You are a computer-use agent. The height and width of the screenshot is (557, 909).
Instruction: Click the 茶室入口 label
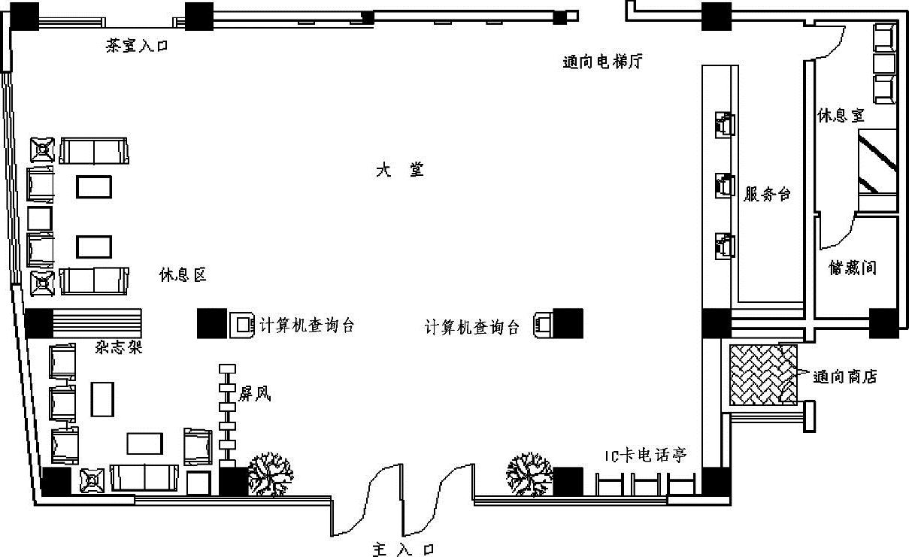[x=137, y=46]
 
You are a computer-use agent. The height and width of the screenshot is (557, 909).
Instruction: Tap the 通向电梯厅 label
[x=602, y=62]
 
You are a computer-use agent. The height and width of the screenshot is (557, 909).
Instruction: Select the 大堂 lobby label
[x=400, y=170]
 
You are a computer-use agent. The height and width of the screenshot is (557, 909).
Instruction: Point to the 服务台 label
[x=767, y=195]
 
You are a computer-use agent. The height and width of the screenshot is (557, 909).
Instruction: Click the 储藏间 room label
[x=852, y=268]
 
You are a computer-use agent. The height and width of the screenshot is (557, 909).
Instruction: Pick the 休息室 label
[x=841, y=116]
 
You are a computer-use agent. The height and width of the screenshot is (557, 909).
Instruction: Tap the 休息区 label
[x=183, y=275]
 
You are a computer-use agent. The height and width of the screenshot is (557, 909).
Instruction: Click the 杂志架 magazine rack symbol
[x=97, y=323]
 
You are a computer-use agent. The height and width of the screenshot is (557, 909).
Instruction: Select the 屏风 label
[x=254, y=393]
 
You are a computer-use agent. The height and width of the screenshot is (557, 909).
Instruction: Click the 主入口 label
[x=403, y=549]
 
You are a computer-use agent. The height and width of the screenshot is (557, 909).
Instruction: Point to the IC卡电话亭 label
[x=646, y=455]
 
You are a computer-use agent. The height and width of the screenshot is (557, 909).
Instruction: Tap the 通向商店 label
[x=845, y=377]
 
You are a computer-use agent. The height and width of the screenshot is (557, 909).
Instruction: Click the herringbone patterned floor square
[x=762, y=374]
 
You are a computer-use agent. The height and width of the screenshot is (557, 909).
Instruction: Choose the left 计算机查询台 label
[x=306, y=325]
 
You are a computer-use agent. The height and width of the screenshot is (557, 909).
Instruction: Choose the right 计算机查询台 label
[x=472, y=327]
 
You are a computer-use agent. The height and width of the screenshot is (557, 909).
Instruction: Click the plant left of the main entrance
[x=271, y=474]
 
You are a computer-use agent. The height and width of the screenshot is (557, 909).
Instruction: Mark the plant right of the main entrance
[x=529, y=474]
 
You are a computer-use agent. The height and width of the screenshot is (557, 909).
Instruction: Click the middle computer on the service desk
[x=724, y=184]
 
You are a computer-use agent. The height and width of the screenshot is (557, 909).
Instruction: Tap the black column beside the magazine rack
[x=38, y=324]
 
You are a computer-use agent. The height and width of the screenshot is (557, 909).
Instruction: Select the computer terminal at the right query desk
[x=544, y=325]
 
